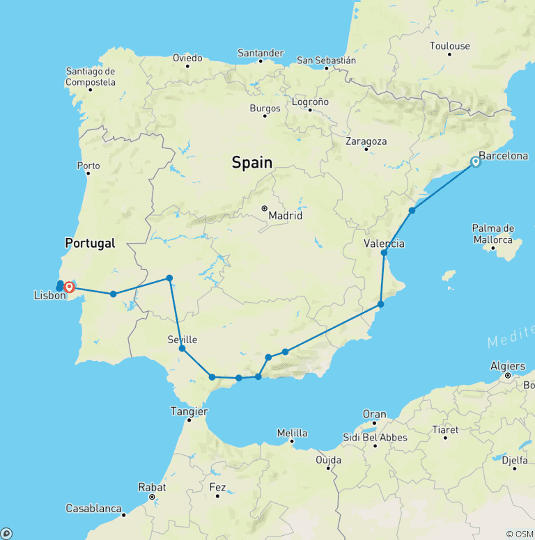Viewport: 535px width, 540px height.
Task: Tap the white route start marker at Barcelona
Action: [476, 161]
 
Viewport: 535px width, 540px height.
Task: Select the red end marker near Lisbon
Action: [70, 287]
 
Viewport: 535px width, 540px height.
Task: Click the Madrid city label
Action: [286, 216]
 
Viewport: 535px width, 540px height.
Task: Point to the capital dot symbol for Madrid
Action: [265, 208]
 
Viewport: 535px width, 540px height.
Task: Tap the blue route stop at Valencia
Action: [384, 253]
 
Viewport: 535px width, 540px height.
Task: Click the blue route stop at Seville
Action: [182, 349]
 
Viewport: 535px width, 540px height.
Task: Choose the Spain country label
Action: [251, 163]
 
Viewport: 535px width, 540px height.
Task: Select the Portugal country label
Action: [90, 244]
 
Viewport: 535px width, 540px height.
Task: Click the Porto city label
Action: [88, 166]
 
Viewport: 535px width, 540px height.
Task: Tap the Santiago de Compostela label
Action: [91, 77]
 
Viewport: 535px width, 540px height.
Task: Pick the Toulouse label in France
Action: [449, 46]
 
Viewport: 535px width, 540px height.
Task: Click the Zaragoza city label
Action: [366, 141]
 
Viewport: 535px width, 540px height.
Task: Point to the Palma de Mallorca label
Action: [493, 233]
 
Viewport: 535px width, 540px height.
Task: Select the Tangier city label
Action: [189, 411]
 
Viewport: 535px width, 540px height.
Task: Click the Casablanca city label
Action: [94, 509]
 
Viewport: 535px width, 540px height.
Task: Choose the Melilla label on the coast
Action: [292, 432]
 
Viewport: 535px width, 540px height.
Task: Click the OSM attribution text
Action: [520, 534]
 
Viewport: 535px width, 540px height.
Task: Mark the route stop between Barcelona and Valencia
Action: [412, 210]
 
